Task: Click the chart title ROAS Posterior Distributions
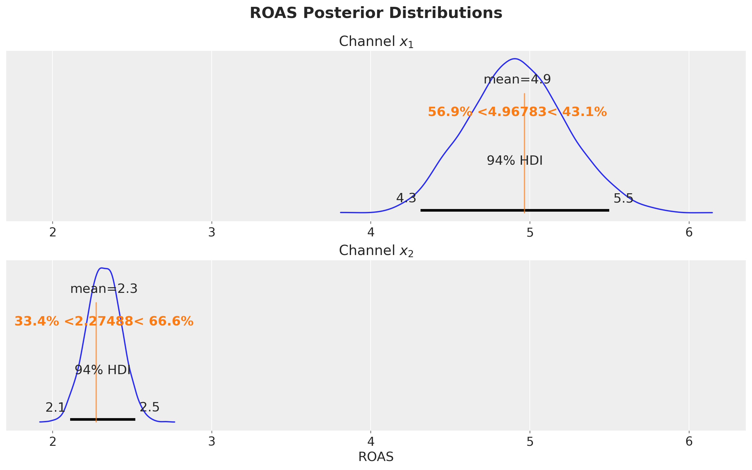(x=376, y=13)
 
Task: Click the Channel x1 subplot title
(x=376, y=42)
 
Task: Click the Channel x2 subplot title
(x=376, y=251)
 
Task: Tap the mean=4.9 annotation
(x=517, y=80)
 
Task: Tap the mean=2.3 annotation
(x=104, y=289)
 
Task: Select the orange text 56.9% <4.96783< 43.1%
(x=517, y=112)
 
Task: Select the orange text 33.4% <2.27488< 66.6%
(x=104, y=321)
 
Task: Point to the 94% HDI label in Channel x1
(x=515, y=161)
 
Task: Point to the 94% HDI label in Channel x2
(x=103, y=370)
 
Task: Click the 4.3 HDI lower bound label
(x=406, y=198)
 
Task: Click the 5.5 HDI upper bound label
(x=623, y=198)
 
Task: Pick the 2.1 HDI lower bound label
(x=55, y=407)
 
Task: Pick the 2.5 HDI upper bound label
(x=150, y=407)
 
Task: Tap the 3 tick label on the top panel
(x=212, y=232)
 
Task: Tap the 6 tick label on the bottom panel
(x=689, y=442)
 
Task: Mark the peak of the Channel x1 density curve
(x=515, y=58)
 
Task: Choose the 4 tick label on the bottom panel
(x=371, y=442)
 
